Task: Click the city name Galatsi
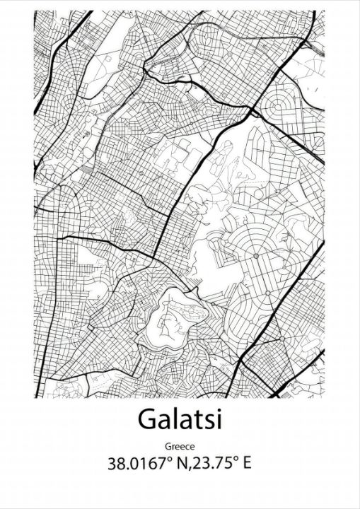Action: coord(180,421)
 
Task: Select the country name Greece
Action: coord(180,446)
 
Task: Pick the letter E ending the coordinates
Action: coord(247,464)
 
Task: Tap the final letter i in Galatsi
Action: coord(218,420)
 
